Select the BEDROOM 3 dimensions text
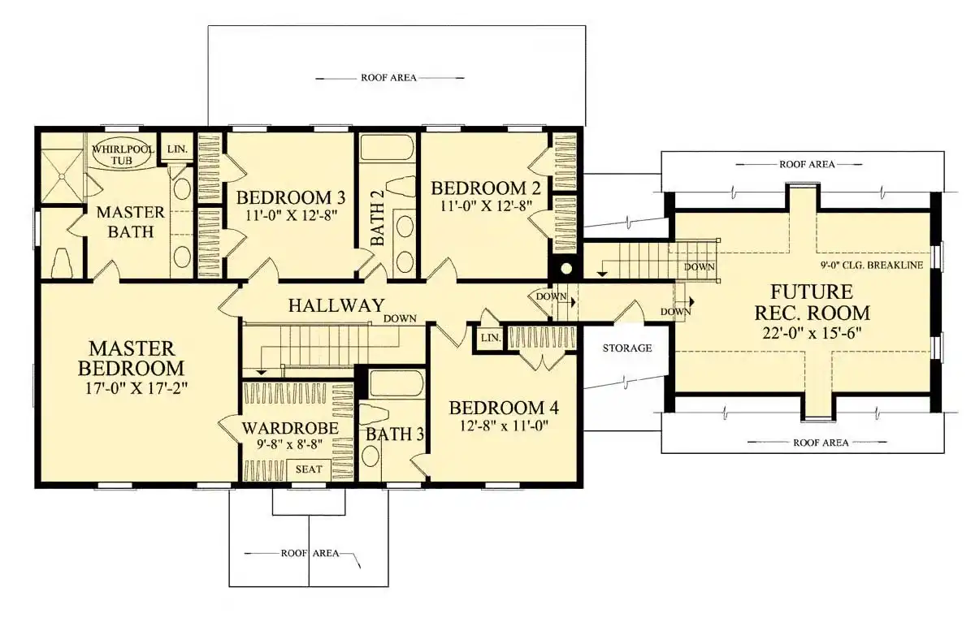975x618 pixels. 291,216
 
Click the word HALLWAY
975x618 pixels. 336,306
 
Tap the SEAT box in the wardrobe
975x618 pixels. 308,469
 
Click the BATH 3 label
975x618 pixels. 395,435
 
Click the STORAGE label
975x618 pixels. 626,348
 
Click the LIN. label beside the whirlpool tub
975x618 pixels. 176,149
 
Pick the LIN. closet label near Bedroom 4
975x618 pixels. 489,338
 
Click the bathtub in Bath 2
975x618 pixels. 387,148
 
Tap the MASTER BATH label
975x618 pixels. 130,223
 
